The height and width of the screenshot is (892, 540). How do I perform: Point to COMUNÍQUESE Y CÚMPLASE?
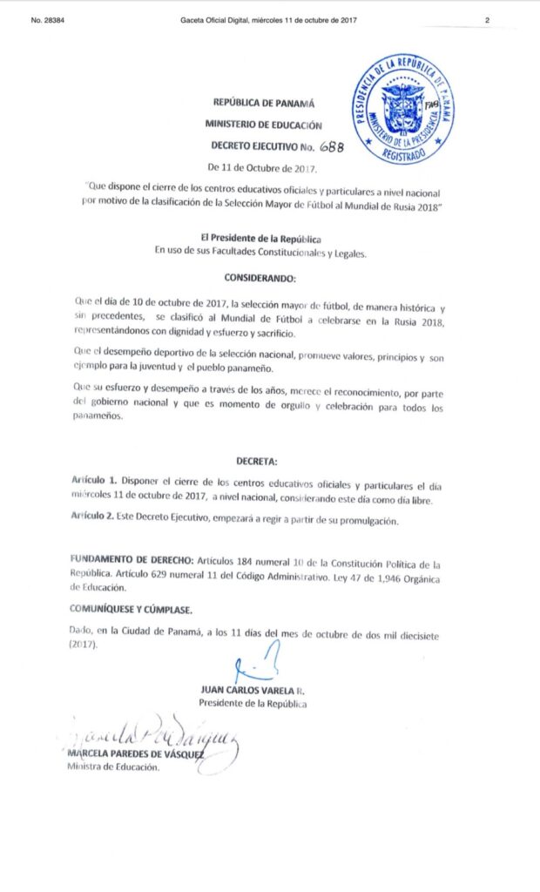click(x=129, y=610)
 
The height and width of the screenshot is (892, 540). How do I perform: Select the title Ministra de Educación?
click(x=113, y=767)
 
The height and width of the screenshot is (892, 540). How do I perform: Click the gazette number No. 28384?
click(x=50, y=20)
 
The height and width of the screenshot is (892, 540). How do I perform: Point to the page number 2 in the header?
click(x=488, y=20)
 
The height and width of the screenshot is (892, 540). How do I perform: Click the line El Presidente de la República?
click(x=260, y=240)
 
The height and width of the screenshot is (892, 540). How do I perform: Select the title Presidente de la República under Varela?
click(x=253, y=703)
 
